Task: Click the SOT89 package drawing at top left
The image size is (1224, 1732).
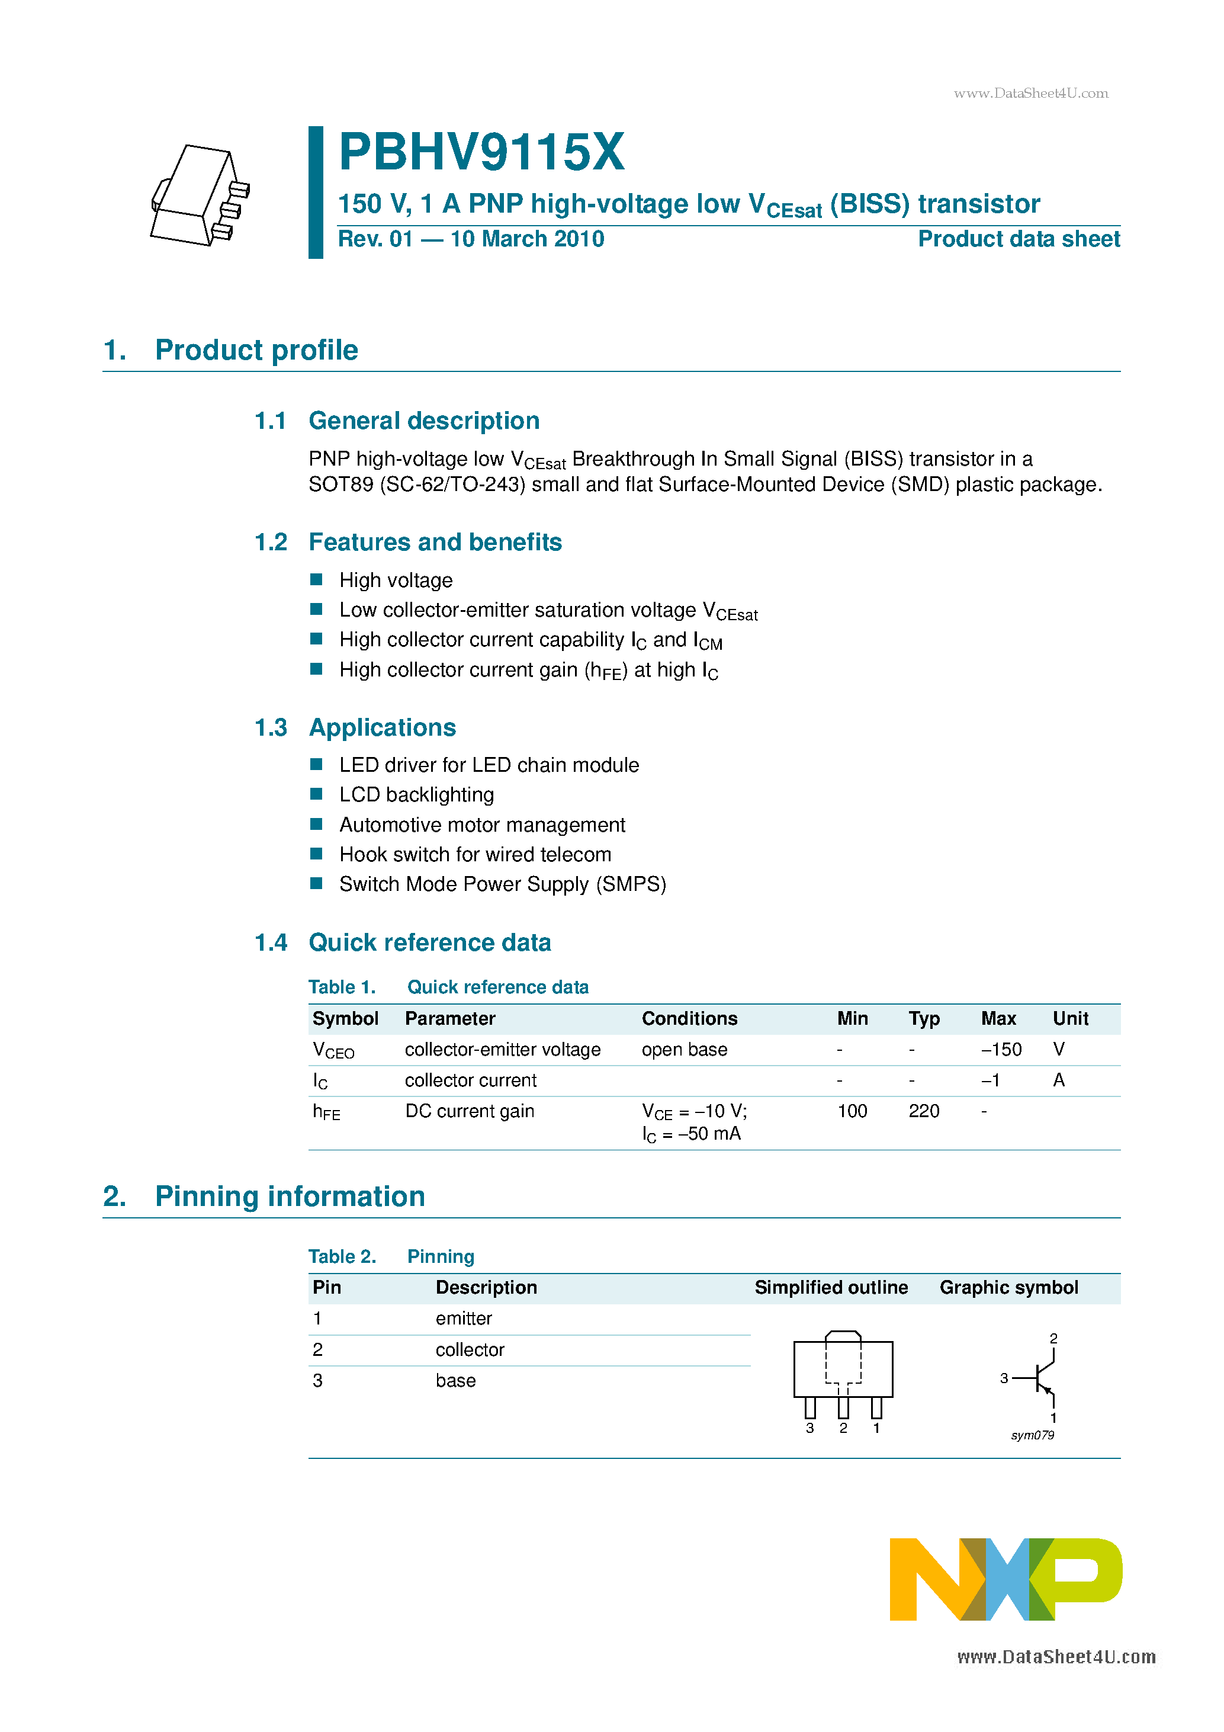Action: tap(200, 195)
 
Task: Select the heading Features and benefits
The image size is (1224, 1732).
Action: tap(435, 543)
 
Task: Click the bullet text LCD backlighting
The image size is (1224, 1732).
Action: tap(416, 795)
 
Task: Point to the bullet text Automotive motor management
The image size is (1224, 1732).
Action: tap(482, 825)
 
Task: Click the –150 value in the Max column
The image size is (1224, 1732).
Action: tap(1001, 1050)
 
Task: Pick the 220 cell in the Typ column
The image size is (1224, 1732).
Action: tap(923, 1111)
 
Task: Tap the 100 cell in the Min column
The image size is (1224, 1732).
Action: tap(852, 1111)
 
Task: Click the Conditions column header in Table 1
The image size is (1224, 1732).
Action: tap(689, 1019)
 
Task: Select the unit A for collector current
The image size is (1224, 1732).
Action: tap(1058, 1080)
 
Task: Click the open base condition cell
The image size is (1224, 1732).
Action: tap(684, 1050)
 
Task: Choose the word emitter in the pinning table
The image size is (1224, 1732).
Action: tap(463, 1319)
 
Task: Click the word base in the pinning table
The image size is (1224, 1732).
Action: tap(455, 1381)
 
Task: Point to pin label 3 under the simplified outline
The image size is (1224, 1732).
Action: tap(809, 1429)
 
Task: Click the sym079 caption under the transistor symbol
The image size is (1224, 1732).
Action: tap(1032, 1436)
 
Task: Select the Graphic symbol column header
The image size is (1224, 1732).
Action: tap(1008, 1288)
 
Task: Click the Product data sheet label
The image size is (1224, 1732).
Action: tap(1018, 239)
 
